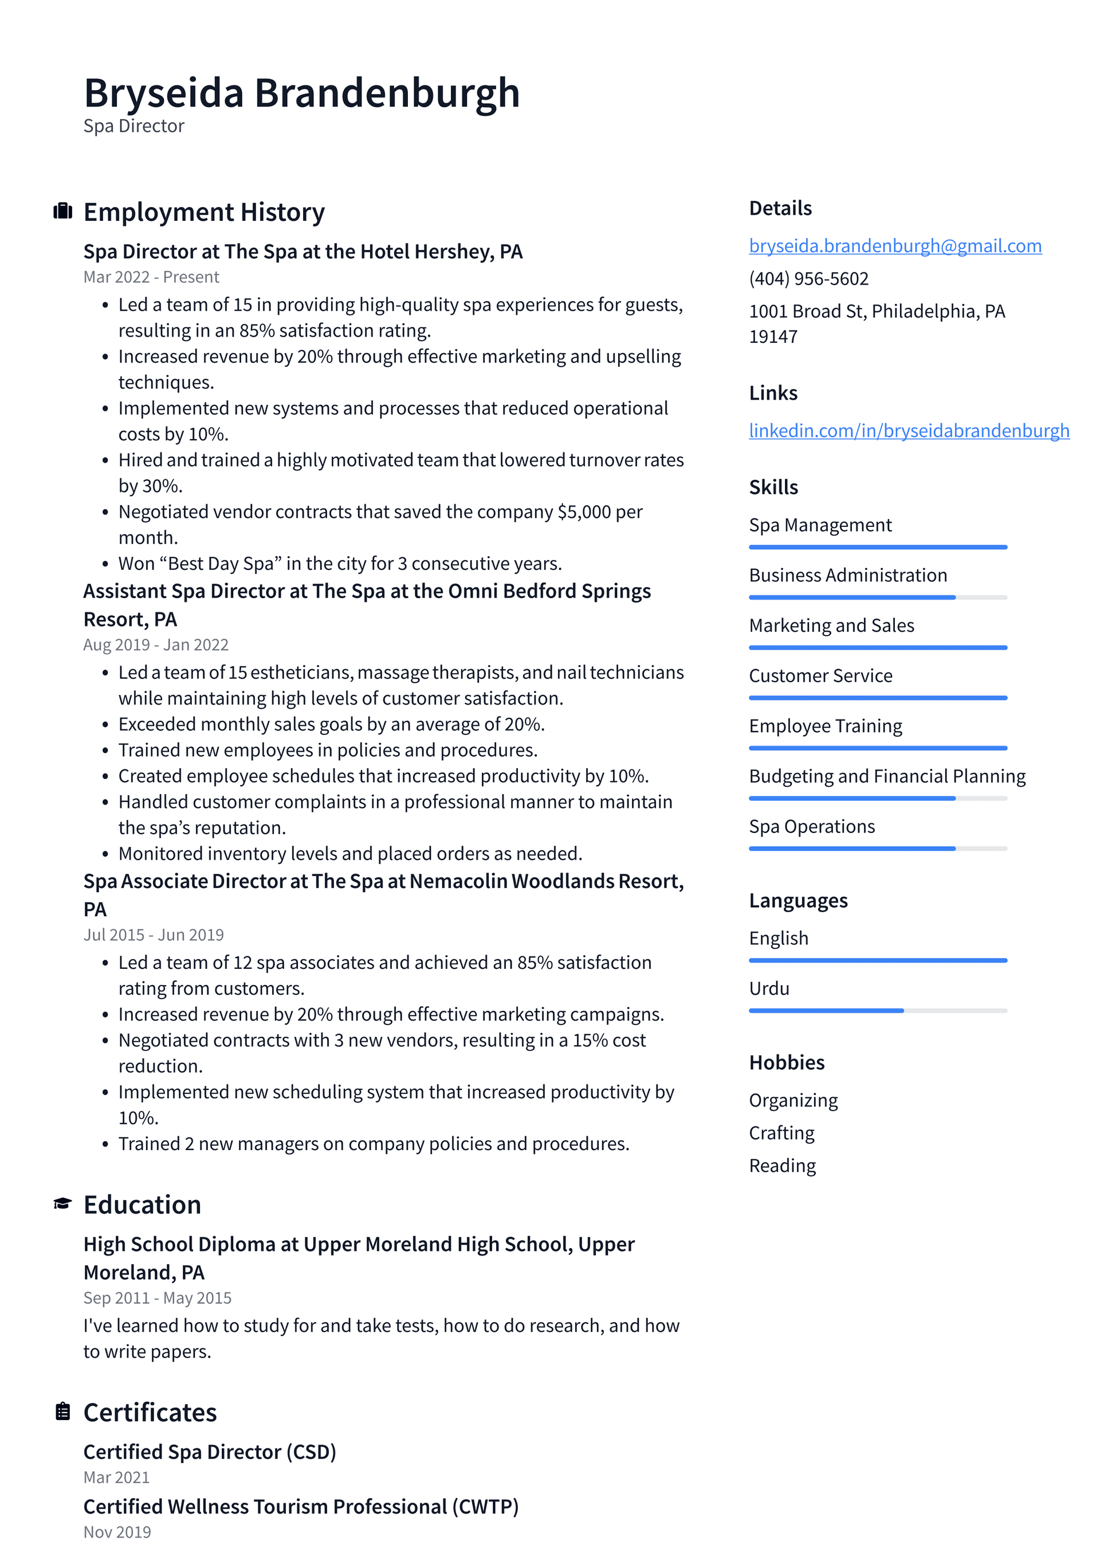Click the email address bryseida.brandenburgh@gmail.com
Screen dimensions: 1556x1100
(x=895, y=246)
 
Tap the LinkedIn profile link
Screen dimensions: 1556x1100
(x=908, y=431)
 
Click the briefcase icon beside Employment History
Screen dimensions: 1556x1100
(x=62, y=212)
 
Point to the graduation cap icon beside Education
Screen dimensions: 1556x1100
(x=62, y=1203)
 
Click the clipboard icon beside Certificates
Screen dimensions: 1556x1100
(x=62, y=1412)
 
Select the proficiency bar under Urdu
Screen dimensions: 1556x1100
(x=877, y=1010)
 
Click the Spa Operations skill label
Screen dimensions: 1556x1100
(x=811, y=827)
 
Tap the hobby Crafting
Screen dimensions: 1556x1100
(x=781, y=1133)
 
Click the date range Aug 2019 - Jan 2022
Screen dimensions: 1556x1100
(x=156, y=644)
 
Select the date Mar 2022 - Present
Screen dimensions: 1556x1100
(x=151, y=277)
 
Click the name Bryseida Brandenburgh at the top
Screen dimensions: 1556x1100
(x=301, y=93)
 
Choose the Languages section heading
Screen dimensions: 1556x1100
(x=798, y=901)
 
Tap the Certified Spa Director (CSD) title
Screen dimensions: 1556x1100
(x=209, y=1452)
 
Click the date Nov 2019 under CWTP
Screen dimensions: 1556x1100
(x=117, y=1531)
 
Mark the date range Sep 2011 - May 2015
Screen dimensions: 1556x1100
(x=157, y=1298)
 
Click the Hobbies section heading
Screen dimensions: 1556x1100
(x=787, y=1062)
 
